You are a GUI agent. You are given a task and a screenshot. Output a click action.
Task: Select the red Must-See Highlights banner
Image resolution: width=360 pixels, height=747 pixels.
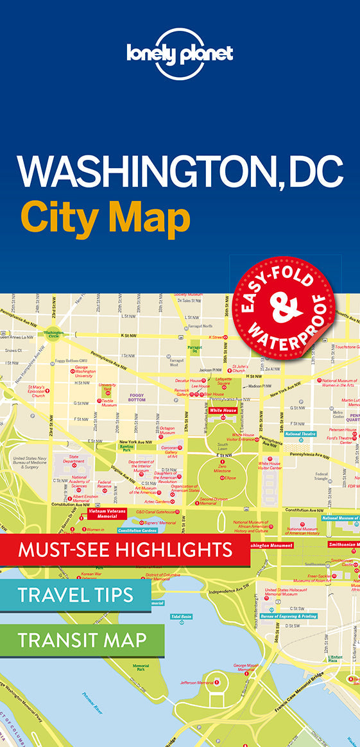click(125, 550)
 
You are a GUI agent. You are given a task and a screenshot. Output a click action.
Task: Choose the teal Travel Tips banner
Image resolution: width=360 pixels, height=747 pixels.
click(76, 594)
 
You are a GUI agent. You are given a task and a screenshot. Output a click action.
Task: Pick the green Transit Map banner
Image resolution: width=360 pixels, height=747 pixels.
click(82, 640)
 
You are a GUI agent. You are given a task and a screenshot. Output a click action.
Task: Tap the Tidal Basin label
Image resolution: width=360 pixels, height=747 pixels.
click(181, 616)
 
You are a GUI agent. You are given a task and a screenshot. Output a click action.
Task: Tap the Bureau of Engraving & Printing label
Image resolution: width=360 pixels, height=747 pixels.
click(289, 616)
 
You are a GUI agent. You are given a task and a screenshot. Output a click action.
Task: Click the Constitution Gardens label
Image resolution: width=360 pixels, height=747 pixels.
click(137, 531)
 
